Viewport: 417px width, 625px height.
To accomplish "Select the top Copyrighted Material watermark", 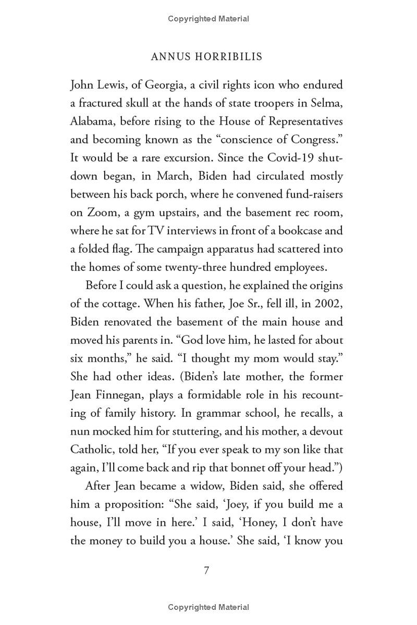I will pos(208,19).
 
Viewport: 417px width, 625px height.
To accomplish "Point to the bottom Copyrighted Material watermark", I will pos(208,607).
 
